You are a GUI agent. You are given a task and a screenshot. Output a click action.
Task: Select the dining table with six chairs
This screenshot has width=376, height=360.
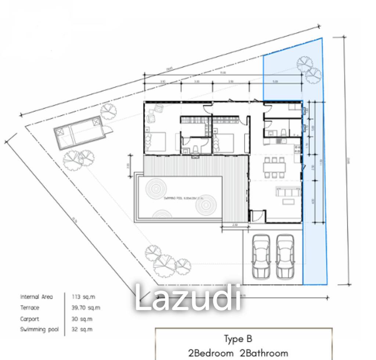(274, 167)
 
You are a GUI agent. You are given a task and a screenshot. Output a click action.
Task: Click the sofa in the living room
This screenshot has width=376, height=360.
(288, 192)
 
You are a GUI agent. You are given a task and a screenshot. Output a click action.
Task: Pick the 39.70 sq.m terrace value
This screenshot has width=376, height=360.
(86, 308)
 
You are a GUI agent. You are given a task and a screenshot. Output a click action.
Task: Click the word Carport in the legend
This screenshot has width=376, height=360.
(29, 319)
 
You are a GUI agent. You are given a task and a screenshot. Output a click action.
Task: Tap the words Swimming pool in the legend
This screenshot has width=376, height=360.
(39, 330)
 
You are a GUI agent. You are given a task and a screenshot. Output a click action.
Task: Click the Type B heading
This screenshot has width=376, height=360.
(238, 338)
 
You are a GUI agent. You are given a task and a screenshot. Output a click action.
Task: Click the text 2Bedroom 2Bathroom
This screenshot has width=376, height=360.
(238, 353)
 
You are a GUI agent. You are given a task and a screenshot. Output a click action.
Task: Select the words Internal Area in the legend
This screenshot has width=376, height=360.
(36, 297)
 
